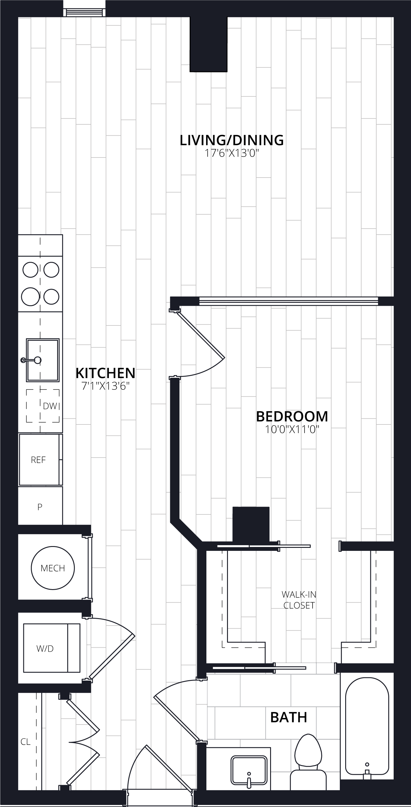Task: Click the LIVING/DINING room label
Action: click(232, 140)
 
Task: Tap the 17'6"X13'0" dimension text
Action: click(232, 154)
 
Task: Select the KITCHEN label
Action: click(106, 373)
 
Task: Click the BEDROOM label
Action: click(292, 416)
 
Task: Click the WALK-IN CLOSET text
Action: click(299, 600)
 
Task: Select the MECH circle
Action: click(53, 568)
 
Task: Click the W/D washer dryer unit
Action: click(52, 648)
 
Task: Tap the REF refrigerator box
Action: click(40, 460)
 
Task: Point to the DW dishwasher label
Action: click(50, 406)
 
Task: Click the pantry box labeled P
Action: click(40, 506)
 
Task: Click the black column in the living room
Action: click(208, 45)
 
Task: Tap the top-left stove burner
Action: click(31, 270)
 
